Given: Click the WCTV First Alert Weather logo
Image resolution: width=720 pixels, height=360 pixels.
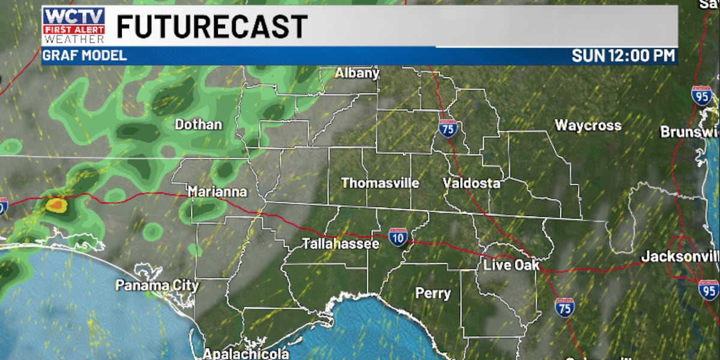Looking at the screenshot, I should click(x=74, y=26).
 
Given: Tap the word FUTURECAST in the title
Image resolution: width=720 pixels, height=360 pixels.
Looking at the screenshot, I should click(x=211, y=26).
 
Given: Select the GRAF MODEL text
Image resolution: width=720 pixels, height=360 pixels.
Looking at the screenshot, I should click(x=85, y=56).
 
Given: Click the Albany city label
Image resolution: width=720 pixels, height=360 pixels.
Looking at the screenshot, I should click(x=357, y=73).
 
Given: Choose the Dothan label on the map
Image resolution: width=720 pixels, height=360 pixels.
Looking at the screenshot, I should click(x=198, y=125).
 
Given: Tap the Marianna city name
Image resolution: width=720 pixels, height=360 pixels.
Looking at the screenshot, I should click(x=217, y=192).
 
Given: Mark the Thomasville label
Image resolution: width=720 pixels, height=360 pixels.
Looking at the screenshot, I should click(x=380, y=183).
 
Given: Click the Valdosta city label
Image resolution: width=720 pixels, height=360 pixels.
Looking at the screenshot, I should click(x=472, y=183).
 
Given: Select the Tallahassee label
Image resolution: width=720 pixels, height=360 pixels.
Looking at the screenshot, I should click(x=340, y=244).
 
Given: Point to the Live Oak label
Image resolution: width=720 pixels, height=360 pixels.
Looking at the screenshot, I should click(x=511, y=265).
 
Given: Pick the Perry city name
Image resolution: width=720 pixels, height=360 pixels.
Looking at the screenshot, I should click(x=433, y=293).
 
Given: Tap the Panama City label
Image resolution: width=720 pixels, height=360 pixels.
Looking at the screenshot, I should click(x=157, y=285).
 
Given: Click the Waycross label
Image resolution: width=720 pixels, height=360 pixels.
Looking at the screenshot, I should click(x=587, y=125).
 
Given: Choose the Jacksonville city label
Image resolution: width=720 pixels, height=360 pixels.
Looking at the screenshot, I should click(x=679, y=257).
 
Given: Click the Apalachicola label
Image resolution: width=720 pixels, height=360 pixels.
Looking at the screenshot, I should click(x=245, y=354).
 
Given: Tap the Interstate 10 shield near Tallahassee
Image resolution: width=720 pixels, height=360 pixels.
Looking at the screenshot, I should click(x=398, y=236).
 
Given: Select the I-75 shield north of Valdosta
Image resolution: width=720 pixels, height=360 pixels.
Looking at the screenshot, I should click(x=447, y=128).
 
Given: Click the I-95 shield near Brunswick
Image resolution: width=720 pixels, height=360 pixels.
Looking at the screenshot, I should click(x=701, y=95).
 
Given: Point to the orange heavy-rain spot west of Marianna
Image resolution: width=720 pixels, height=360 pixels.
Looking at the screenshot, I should click(x=56, y=205).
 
